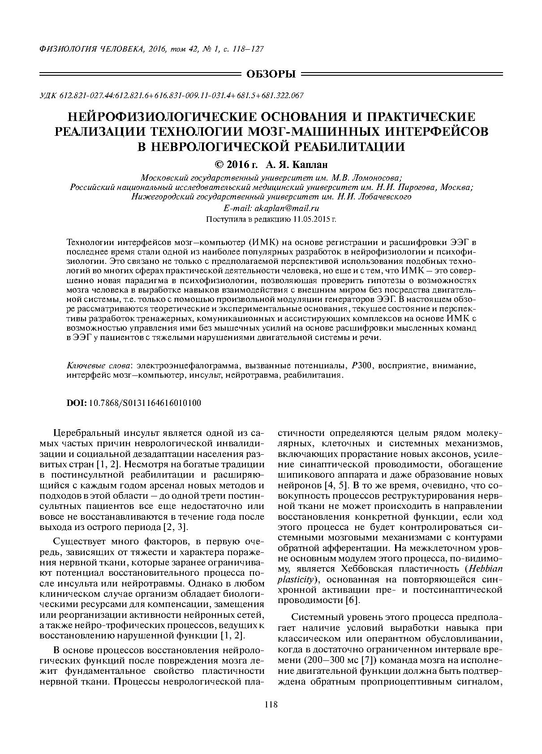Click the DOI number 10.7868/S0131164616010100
(x=146, y=403)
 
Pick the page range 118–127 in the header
(x=247, y=48)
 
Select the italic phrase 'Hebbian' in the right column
(x=483, y=569)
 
